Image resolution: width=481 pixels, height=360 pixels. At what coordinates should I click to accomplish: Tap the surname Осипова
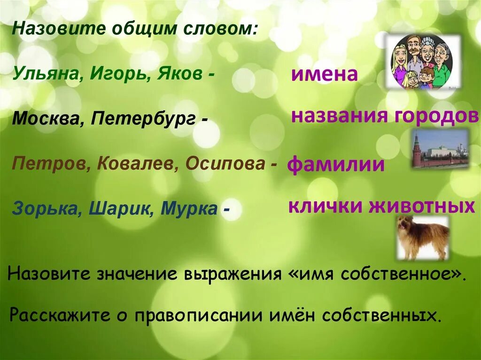225,163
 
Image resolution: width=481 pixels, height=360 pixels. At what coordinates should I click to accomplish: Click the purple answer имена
325,75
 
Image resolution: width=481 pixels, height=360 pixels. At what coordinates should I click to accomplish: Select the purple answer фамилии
335,165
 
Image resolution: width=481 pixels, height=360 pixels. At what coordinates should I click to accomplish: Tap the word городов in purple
430,115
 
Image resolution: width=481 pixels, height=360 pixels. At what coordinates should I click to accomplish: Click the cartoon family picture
423,61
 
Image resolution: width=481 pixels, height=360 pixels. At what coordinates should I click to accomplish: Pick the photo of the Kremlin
440,149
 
